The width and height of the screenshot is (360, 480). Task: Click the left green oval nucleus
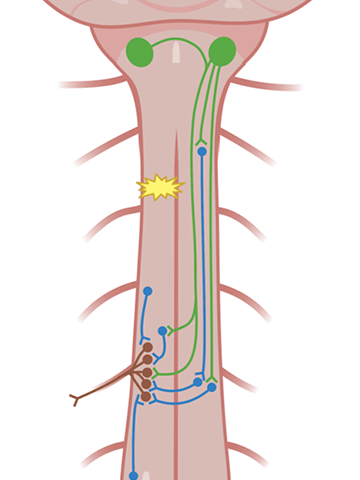(140, 51)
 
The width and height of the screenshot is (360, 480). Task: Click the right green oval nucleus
(222, 50)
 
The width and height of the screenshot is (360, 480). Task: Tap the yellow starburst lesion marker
(161, 187)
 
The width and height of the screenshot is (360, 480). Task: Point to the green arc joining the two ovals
(181, 41)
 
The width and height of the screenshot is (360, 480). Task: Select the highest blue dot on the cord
(202, 152)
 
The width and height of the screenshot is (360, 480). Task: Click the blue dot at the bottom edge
(134, 475)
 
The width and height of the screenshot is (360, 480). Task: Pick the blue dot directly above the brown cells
(147, 291)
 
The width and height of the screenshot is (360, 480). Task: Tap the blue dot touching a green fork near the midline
(162, 330)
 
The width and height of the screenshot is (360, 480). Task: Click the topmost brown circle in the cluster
(148, 348)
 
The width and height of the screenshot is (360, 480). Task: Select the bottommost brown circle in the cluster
(147, 397)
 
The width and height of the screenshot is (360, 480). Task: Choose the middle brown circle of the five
(146, 372)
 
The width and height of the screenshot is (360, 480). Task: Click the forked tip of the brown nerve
(75, 401)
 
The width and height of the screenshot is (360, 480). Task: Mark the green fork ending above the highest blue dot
(202, 140)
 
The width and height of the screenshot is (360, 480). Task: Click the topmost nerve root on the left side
(85, 84)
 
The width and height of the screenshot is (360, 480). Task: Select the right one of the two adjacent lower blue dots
(212, 386)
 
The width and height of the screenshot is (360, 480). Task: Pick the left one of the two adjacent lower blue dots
(198, 381)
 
